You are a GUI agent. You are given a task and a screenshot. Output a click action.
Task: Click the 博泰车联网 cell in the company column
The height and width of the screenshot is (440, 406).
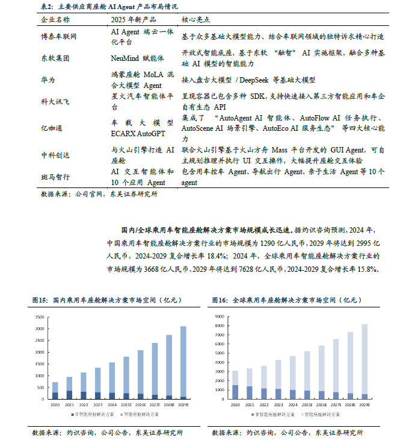[x=59, y=36]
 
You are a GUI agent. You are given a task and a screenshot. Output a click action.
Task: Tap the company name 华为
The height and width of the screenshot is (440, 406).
[x=48, y=80]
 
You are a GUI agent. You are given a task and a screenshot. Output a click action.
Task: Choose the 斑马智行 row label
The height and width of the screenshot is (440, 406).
[x=55, y=177]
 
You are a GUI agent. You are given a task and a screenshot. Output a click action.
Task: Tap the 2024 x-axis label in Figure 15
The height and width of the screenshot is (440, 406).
[x=111, y=406]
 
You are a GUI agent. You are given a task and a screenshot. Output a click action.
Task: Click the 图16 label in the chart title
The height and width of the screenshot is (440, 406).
[x=220, y=300]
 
